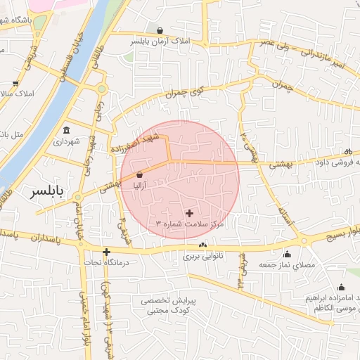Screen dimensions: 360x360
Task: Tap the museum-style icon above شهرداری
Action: pyautogui.click(x=66, y=130)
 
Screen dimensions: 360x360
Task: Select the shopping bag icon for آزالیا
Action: pyautogui.click(x=139, y=174)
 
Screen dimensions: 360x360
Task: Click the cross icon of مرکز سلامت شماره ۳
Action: pyautogui.click(x=189, y=212)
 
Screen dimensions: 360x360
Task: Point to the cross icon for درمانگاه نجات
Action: pyautogui.click(x=106, y=252)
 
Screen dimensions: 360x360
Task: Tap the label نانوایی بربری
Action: pyautogui.click(x=203, y=256)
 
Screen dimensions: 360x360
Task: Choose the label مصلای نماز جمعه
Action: pyautogui.click(x=286, y=264)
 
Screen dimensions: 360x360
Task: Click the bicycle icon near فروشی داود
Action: pyautogui.click(x=347, y=152)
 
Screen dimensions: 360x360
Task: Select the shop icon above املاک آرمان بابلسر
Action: pyautogui.click(x=161, y=31)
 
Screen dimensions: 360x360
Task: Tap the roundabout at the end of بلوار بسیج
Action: pyautogui.click(x=304, y=241)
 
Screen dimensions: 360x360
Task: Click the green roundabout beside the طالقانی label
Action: pyautogui.click(x=102, y=89)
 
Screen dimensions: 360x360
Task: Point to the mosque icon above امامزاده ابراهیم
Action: pyautogui.click(x=341, y=287)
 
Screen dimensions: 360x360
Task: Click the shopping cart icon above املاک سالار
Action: pyautogui.click(x=15, y=83)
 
